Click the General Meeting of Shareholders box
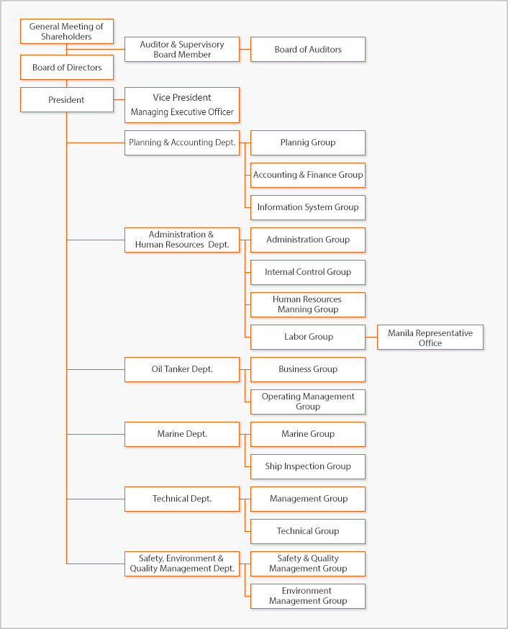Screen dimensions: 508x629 (x=67, y=31)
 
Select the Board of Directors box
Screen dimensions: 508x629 (x=67, y=68)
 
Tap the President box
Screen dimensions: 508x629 (x=67, y=99)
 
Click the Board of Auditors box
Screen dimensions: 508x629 (x=308, y=50)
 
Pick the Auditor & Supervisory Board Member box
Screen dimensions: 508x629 (x=182, y=50)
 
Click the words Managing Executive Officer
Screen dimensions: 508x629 (x=182, y=112)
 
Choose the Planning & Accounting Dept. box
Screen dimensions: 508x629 (x=182, y=142)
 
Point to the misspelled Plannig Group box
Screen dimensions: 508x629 (x=308, y=142)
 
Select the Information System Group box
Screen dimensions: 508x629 (x=308, y=207)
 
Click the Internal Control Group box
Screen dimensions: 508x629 (x=308, y=272)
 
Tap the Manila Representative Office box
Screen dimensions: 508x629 (x=430, y=338)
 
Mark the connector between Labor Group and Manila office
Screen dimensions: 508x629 (x=371, y=338)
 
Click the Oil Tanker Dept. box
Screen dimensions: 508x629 (x=182, y=369)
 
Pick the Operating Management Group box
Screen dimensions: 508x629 (x=308, y=402)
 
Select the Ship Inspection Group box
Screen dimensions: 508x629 (x=308, y=466)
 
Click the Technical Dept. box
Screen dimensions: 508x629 (x=182, y=499)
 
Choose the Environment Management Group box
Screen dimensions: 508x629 (x=308, y=596)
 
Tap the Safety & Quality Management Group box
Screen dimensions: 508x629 (x=308, y=564)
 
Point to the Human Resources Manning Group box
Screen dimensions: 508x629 (x=308, y=305)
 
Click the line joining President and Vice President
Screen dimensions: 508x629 (x=119, y=99)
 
